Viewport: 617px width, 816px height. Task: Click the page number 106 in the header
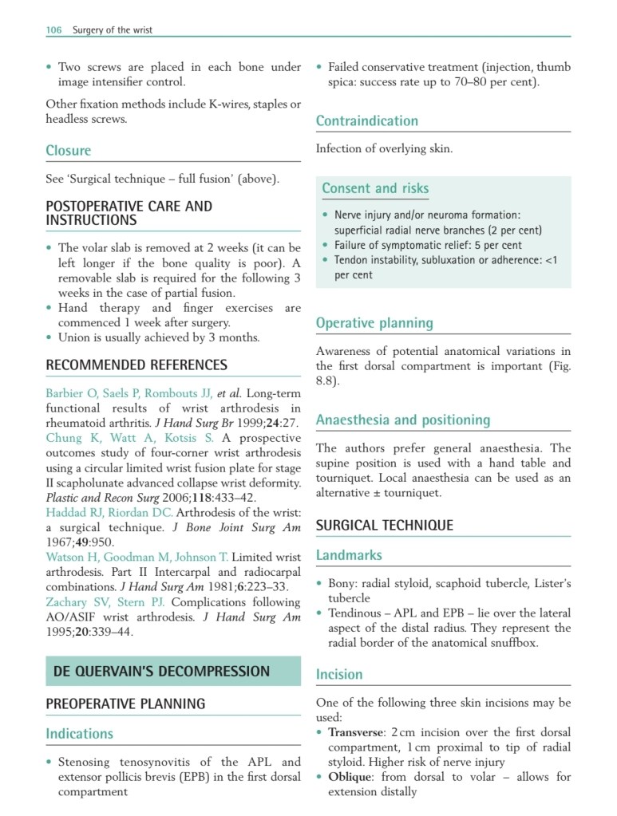pos(53,30)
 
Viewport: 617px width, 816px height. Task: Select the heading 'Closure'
pos(69,151)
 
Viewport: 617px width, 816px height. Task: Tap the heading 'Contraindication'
pos(367,121)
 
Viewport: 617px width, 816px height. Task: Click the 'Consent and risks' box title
pos(375,188)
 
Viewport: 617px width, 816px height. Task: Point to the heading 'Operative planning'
pos(374,323)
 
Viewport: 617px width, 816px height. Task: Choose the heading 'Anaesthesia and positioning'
pos(403,420)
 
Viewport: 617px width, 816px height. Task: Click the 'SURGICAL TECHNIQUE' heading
pos(385,525)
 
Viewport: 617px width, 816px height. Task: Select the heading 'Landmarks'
pos(349,555)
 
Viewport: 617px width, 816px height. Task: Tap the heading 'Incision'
pos(339,674)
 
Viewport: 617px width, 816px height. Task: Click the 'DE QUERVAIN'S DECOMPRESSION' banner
pos(161,671)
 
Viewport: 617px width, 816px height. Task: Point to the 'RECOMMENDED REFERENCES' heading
pos(136,365)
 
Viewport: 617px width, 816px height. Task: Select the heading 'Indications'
pos(80,734)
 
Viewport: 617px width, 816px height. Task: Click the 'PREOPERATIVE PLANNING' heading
pos(125,704)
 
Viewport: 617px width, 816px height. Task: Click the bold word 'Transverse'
pos(357,732)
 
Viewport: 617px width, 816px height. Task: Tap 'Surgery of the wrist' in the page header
pos(112,30)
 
